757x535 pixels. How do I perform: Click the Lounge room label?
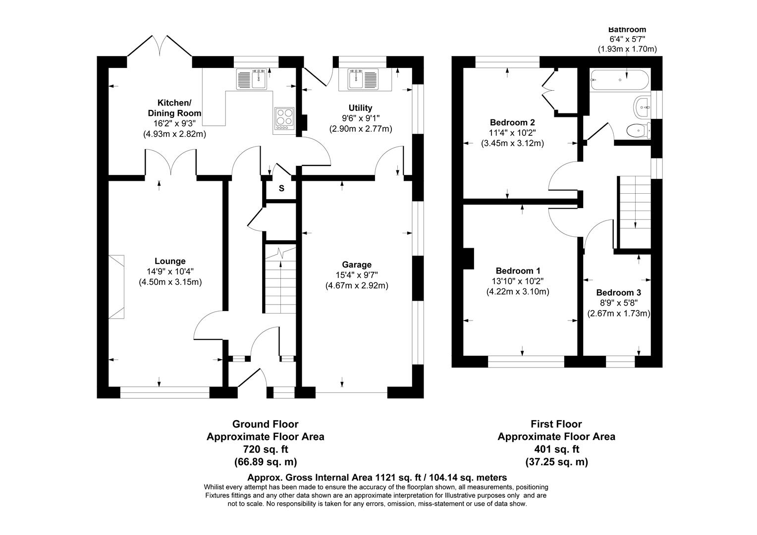pos(170,261)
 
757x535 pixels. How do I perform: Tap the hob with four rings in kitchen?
pos(284,119)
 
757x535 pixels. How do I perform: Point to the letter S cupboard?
pos(281,188)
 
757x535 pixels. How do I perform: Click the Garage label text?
pos(356,265)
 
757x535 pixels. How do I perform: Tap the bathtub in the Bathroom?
pos(618,80)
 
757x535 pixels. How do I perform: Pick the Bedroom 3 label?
pos(618,292)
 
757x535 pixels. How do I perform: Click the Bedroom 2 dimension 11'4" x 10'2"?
pos(512,133)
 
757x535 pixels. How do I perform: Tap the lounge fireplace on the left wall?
pos(117,287)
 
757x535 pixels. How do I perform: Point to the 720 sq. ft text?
pos(265,449)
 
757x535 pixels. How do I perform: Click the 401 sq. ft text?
pos(556,449)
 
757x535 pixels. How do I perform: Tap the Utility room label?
pos(360,108)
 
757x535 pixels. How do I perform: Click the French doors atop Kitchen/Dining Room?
pos(160,47)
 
